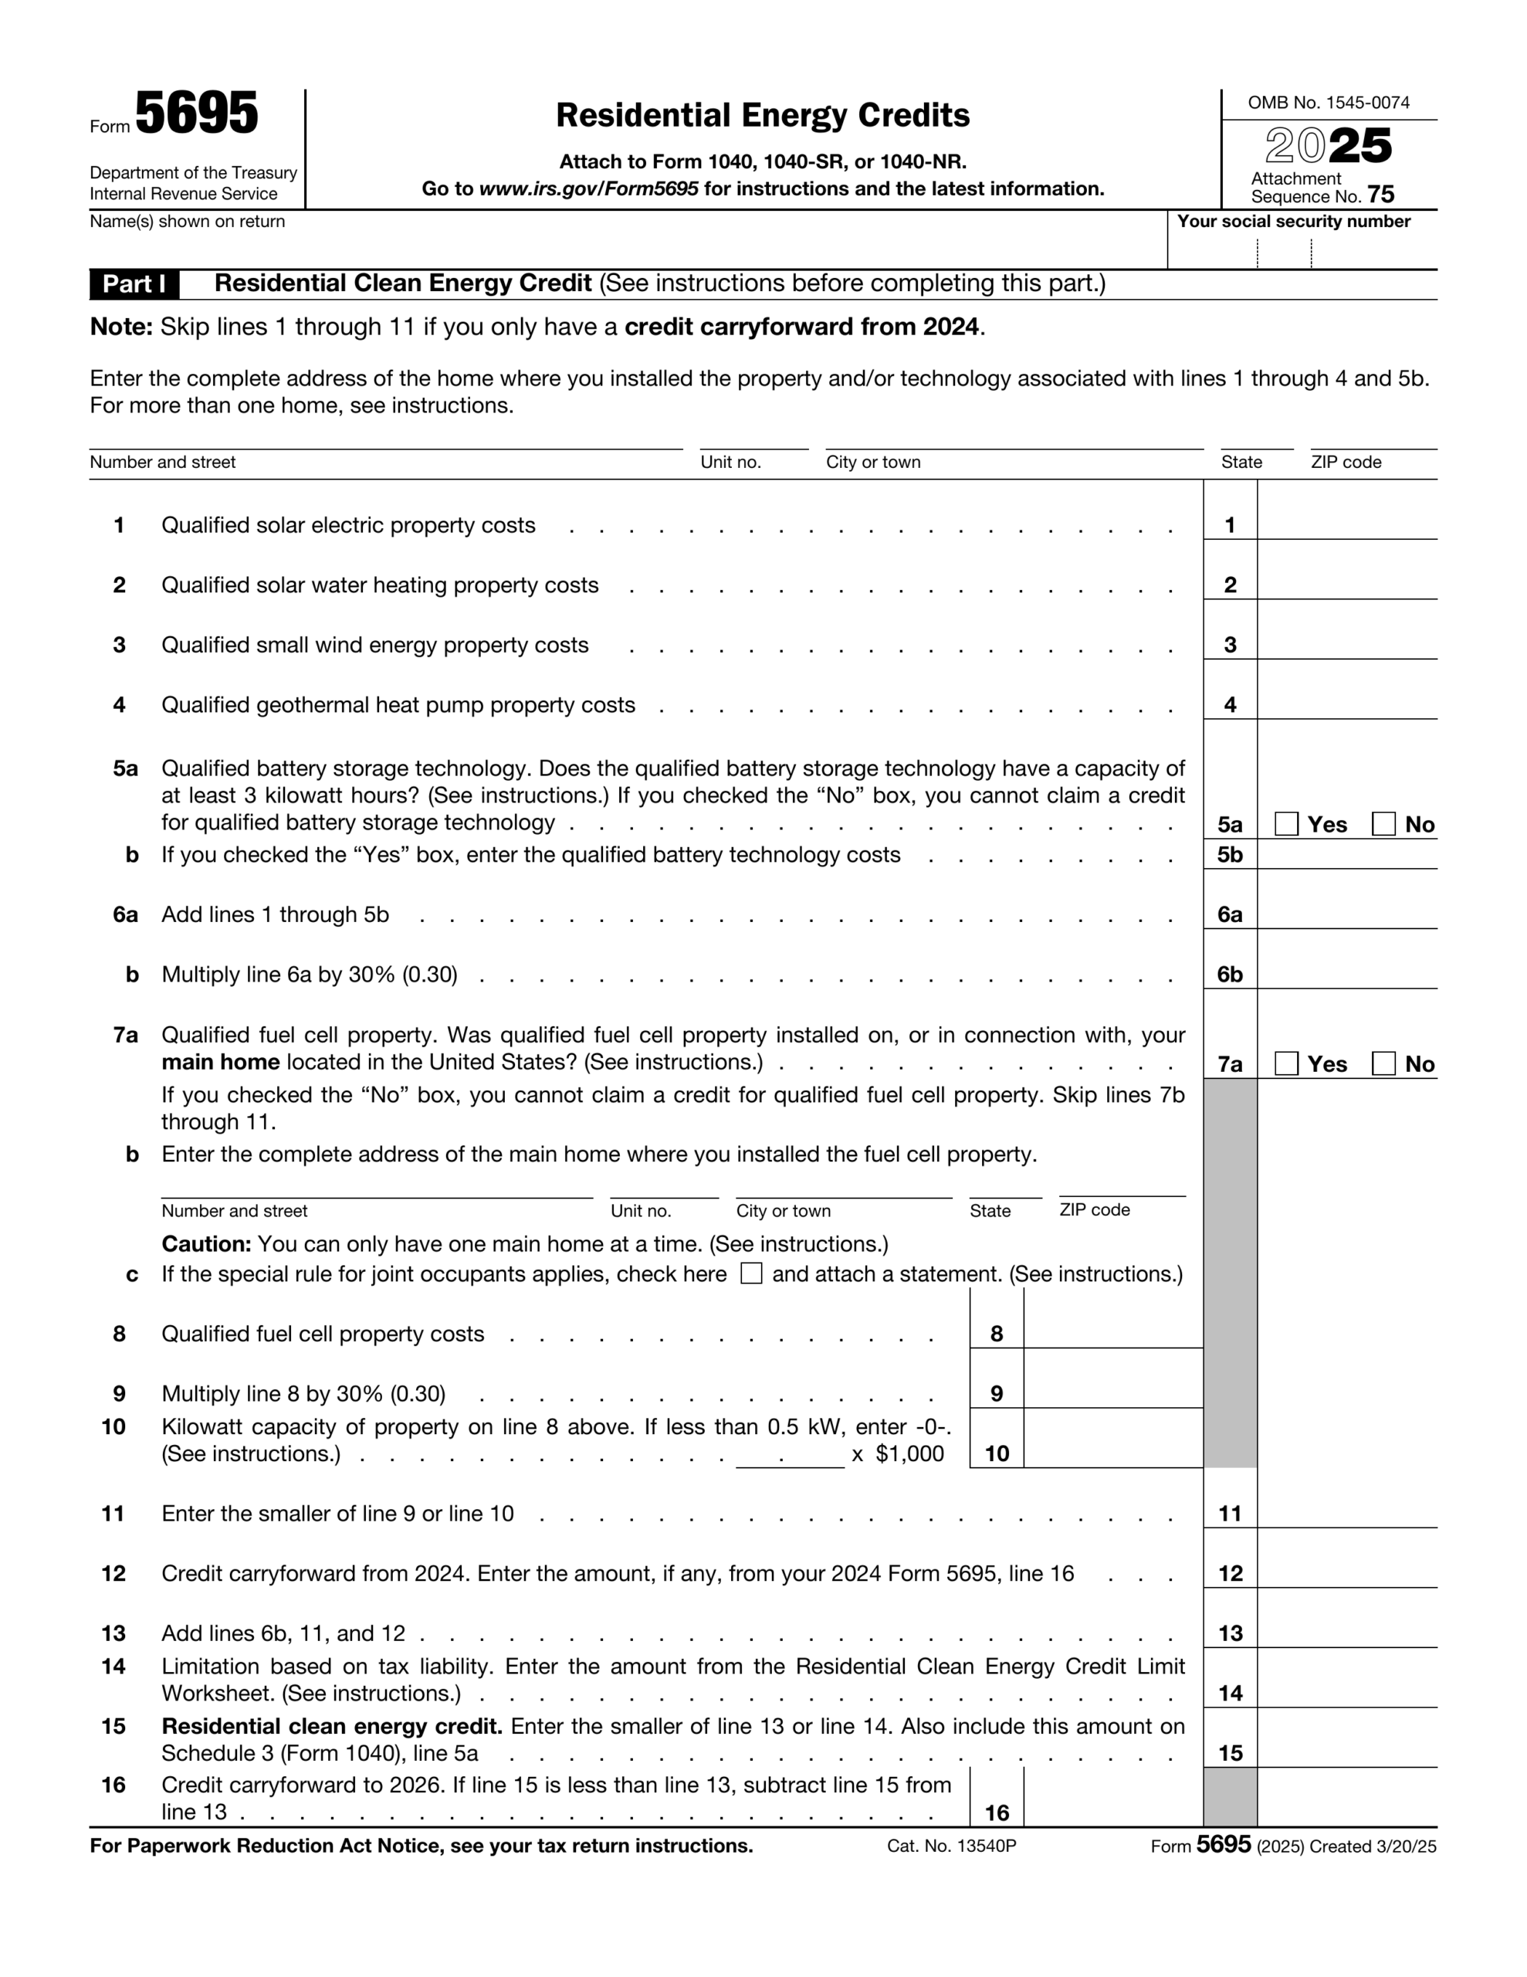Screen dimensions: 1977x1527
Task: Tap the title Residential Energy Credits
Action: tap(762, 115)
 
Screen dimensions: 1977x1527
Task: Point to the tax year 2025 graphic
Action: tap(1328, 146)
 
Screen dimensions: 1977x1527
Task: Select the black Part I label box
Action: tap(134, 284)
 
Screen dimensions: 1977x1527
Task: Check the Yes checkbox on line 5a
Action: tap(1286, 824)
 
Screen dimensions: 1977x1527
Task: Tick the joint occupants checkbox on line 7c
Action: tap(750, 1273)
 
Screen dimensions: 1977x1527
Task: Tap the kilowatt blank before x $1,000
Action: tap(789, 1453)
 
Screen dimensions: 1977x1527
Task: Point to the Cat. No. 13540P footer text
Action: tap(951, 1846)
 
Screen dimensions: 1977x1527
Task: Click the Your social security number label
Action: tap(1292, 222)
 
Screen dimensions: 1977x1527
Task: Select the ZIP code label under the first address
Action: tap(1345, 463)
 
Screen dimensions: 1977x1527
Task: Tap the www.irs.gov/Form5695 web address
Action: tap(588, 189)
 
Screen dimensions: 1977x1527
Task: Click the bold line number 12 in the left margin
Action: tap(113, 1573)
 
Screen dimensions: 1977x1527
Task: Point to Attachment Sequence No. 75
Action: tap(1322, 188)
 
